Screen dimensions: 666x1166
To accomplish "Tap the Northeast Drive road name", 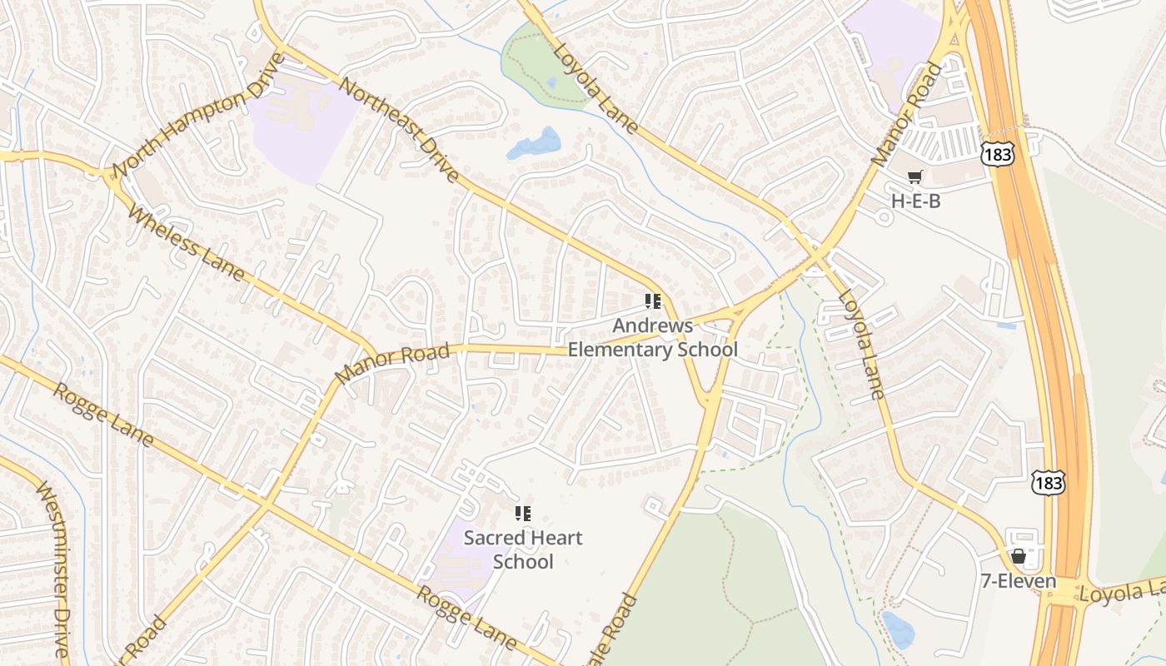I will tap(400, 131).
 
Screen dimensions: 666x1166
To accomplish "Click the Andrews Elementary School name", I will tap(653, 337).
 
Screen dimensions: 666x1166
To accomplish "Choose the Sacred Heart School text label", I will tap(523, 549).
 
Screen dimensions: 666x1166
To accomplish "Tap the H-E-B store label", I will tap(916, 201).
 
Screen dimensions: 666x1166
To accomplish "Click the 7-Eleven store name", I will tap(1017, 581).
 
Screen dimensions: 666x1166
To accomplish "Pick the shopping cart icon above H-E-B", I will tap(915, 176).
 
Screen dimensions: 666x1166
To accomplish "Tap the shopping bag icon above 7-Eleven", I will tap(1018, 556).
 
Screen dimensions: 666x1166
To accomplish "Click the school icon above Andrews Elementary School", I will tap(653, 301).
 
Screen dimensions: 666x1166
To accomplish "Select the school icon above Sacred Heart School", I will tap(523, 514).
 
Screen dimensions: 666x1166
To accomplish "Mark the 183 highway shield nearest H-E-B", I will tap(996, 153).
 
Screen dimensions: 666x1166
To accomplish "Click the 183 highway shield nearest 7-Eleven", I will tap(1047, 482).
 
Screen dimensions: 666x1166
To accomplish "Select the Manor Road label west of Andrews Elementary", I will tap(392, 363).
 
